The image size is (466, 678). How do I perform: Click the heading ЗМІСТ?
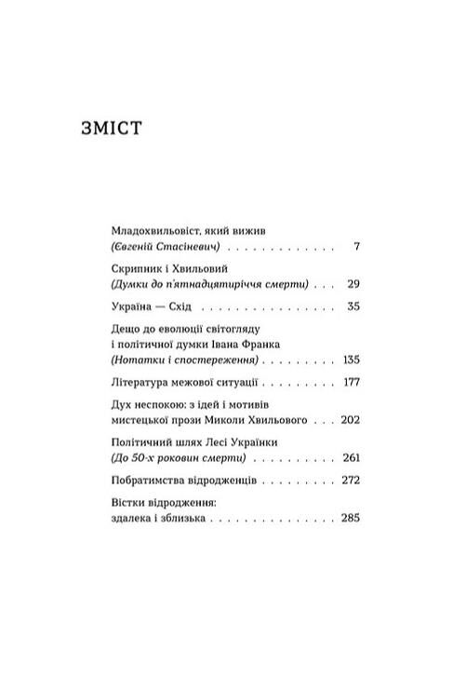pyautogui.click(x=112, y=128)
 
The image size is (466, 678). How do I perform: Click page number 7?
pyautogui.click(x=358, y=250)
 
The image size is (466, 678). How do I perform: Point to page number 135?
pyautogui.click(x=351, y=359)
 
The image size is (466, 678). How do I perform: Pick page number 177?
pyautogui.click(x=351, y=384)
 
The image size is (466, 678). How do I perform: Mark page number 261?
pyautogui.click(x=351, y=460)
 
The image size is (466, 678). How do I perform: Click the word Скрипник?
pyautogui.click(x=133, y=265)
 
